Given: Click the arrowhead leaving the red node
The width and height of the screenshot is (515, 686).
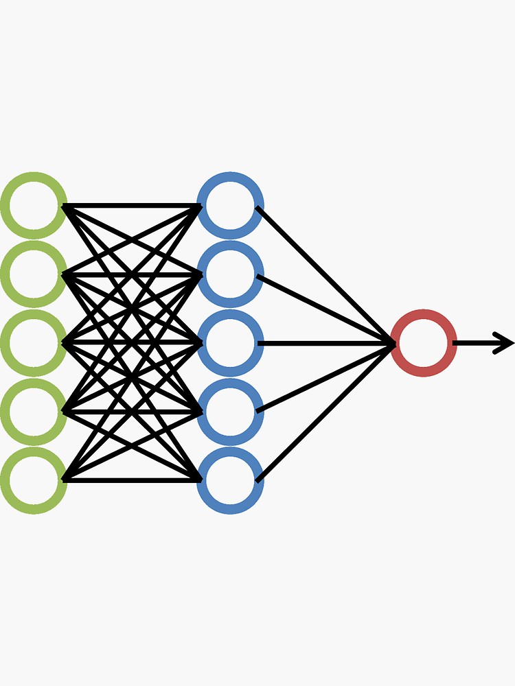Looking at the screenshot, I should (x=505, y=343).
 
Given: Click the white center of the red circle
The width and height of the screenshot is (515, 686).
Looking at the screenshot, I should (x=424, y=343).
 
